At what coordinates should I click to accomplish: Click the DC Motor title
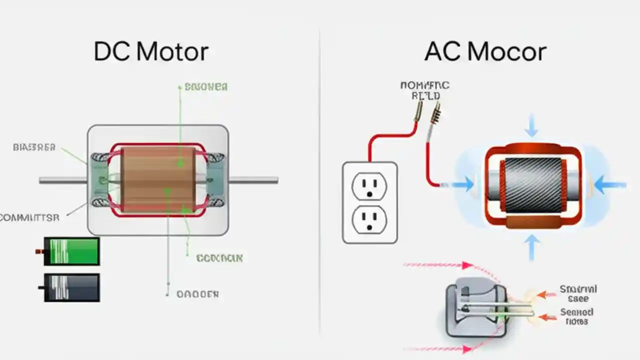click(151, 52)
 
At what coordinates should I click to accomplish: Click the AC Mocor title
click(485, 52)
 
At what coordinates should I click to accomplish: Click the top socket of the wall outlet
click(369, 187)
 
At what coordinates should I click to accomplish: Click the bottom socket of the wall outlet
click(369, 219)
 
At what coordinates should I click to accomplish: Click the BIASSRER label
click(34, 147)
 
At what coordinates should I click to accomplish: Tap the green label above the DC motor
click(206, 87)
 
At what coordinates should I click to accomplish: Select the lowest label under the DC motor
click(197, 294)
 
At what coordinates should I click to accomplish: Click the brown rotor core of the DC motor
click(157, 179)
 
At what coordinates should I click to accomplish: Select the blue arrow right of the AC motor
click(610, 185)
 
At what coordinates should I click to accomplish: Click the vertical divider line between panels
click(320, 180)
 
